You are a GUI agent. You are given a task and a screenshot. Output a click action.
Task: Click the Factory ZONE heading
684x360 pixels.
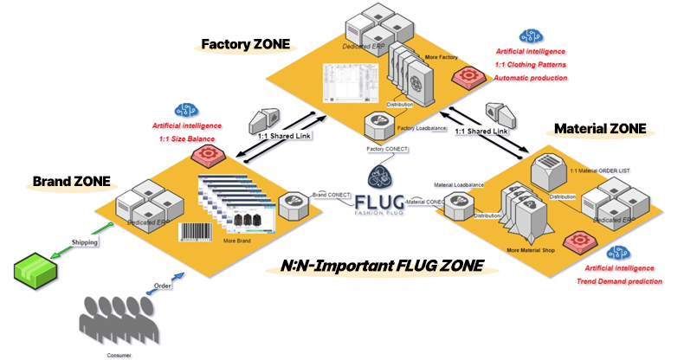click(x=245, y=42)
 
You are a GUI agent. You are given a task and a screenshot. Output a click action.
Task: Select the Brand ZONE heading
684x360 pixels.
click(x=72, y=182)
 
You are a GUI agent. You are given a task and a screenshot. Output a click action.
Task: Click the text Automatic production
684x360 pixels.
click(x=531, y=79)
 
